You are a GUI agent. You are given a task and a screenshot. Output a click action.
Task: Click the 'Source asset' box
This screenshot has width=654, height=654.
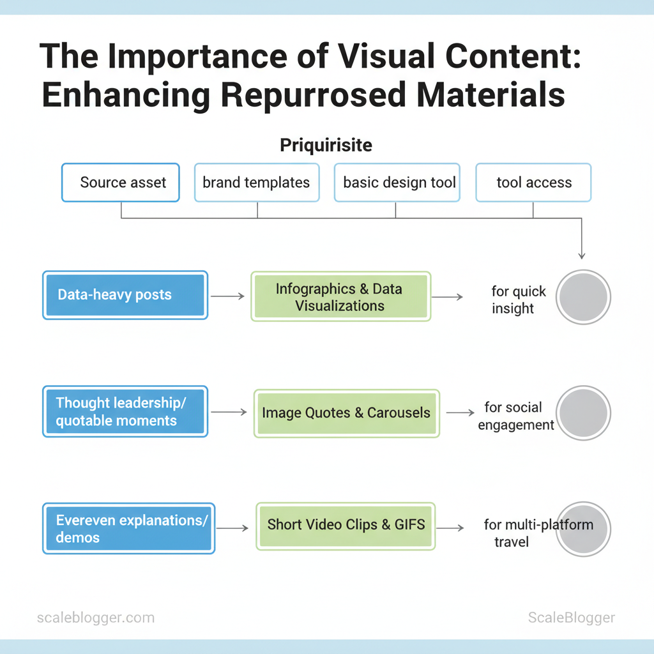click(x=121, y=183)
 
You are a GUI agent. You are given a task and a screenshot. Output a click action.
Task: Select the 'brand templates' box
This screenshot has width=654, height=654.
click(x=256, y=183)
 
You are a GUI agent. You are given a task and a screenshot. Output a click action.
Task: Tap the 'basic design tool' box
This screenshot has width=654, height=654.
click(x=397, y=183)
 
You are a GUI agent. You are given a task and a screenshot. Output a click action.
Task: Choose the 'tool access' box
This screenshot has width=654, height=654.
click(x=533, y=183)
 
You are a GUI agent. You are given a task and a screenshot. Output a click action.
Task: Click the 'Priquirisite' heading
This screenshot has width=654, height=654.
click(x=326, y=145)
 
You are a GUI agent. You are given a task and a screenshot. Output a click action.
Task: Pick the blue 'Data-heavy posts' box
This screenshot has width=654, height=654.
click(x=125, y=295)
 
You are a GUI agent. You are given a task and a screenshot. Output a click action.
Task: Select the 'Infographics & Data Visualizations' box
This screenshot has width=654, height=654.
click(x=341, y=296)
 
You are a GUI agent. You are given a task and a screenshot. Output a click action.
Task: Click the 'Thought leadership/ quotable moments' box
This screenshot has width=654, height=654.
click(x=125, y=412)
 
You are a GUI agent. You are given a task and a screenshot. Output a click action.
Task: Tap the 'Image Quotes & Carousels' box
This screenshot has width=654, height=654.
click(x=346, y=413)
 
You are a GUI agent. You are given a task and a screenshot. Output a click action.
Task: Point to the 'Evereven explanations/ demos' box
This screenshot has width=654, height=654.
click(x=128, y=528)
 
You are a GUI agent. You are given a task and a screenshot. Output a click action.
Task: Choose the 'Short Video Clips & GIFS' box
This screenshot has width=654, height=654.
click(x=346, y=526)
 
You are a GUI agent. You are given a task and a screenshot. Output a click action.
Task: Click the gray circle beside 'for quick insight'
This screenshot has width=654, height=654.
click(x=583, y=297)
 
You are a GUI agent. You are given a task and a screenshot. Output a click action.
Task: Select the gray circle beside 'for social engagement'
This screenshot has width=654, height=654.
click(x=583, y=413)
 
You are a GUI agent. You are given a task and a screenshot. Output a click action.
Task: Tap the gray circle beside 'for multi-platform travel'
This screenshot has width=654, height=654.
click(x=583, y=529)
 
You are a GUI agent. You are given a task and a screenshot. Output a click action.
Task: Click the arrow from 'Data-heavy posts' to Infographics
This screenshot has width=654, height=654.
click(x=227, y=296)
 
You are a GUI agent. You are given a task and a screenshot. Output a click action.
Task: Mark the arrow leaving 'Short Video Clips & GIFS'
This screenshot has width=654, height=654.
click(x=450, y=528)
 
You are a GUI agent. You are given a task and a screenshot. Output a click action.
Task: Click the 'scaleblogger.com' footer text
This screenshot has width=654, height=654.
click(x=95, y=618)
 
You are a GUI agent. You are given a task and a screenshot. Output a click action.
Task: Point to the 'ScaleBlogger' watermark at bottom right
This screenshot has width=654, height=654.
click(x=571, y=618)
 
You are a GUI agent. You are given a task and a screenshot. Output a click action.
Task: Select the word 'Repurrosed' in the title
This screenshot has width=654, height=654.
click(x=313, y=95)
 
